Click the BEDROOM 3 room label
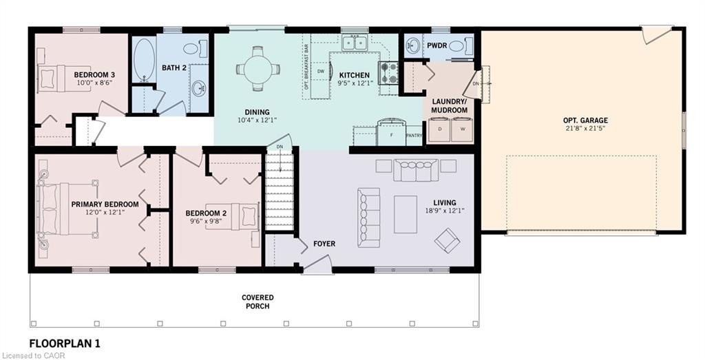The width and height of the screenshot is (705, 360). (x=94, y=74)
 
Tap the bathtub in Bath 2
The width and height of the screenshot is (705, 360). (x=143, y=60)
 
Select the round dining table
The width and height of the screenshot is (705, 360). (x=257, y=70)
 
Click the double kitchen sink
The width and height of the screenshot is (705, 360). (x=355, y=43)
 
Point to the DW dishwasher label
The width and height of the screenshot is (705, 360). (x=321, y=72)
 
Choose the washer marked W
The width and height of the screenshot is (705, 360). (x=462, y=129)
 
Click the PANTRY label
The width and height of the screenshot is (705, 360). (x=414, y=136)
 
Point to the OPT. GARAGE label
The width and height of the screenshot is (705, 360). (x=585, y=120)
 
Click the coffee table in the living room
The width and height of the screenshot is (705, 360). (x=405, y=214)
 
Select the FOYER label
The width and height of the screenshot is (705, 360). (x=324, y=244)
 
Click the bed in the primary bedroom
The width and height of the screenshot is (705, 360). (x=67, y=210)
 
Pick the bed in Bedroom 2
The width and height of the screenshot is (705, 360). (x=233, y=216)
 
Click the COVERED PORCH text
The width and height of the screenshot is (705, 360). (x=257, y=301)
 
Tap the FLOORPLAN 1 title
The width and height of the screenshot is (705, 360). (x=65, y=343)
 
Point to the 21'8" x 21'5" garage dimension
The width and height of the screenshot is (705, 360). (x=585, y=128)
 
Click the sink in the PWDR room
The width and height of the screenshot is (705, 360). (x=413, y=45)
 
